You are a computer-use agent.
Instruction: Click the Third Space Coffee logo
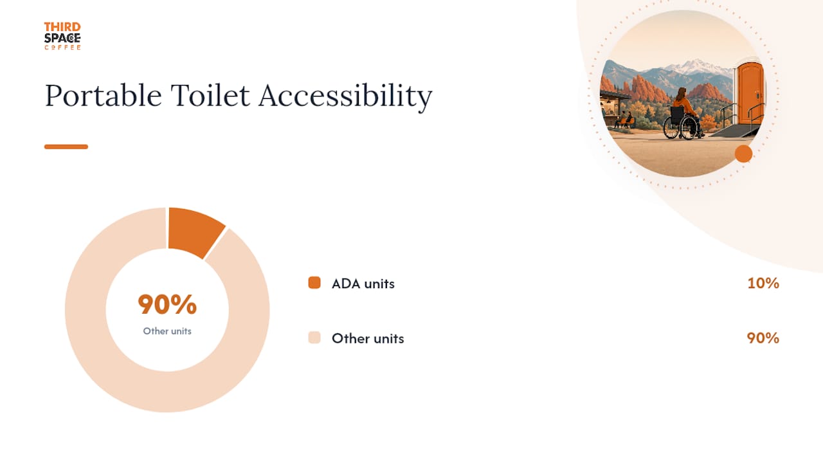tap(62, 36)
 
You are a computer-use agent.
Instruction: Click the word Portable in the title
tap(104, 96)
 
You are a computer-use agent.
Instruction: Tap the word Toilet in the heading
tap(210, 95)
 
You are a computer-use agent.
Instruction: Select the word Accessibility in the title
tap(345, 96)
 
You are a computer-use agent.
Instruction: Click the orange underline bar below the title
tap(66, 147)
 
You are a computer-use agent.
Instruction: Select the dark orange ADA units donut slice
tap(194, 231)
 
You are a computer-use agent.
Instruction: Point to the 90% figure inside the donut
tap(167, 304)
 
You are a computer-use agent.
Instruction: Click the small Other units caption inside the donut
tap(167, 331)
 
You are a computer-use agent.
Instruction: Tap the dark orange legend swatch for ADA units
tap(314, 282)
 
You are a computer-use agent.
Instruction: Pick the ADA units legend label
tap(363, 284)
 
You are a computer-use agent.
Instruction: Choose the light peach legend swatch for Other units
tap(314, 338)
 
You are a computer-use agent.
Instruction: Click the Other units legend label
tap(368, 338)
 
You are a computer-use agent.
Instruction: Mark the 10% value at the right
tap(763, 283)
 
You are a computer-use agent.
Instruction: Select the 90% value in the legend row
tap(763, 338)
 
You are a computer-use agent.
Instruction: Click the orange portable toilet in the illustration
tap(750, 94)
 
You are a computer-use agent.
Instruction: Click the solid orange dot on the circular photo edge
tap(744, 154)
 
